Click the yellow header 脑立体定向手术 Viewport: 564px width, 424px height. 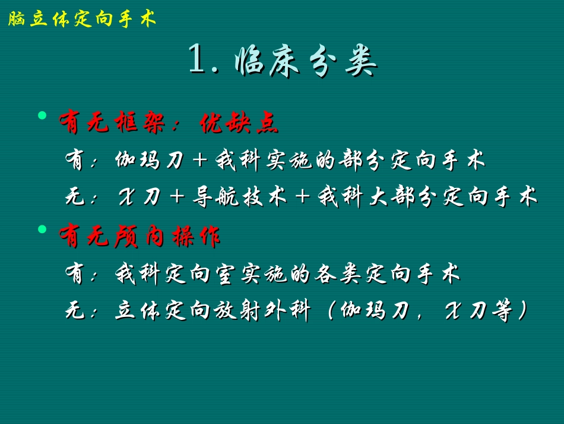pyautogui.click(x=82, y=20)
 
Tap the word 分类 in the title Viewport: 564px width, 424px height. pyautogui.click(x=345, y=61)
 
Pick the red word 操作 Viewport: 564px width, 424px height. pyautogui.click(x=196, y=237)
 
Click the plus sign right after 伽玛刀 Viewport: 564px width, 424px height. pyautogui.click(x=198, y=161)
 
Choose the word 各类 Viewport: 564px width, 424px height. pyautogui.click(x=340, y=274)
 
